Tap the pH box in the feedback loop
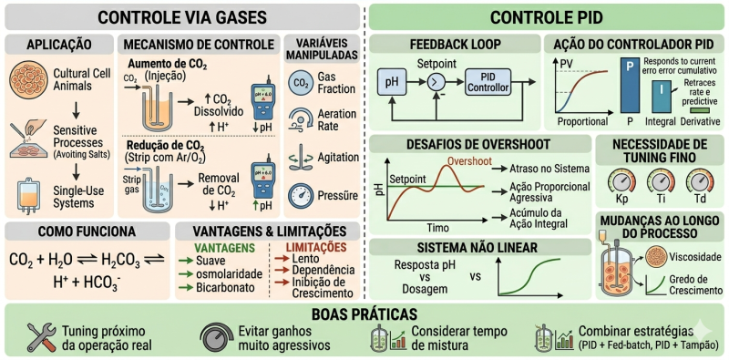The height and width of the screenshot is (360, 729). coord(392,82)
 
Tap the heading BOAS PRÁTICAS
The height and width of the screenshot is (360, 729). coord(364,313)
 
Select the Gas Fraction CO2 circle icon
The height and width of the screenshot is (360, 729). coord(300,84)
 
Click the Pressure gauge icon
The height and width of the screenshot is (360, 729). coord(300,195)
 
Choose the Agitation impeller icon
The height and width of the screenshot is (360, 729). coord(300,158)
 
